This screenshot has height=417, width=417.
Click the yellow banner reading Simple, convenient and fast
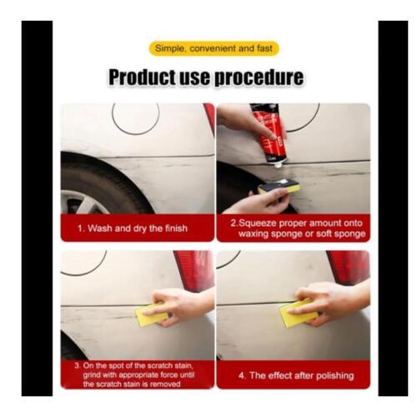(x=214, y=48)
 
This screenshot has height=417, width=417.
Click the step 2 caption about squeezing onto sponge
(x=293, y=228)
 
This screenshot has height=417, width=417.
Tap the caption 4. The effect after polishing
(x=293, y=374)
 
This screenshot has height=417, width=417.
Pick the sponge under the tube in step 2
(x=279, y=188)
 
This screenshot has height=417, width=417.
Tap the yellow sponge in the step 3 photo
(x=153, y=315)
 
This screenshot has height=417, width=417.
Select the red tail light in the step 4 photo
(x=348, y=267)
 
